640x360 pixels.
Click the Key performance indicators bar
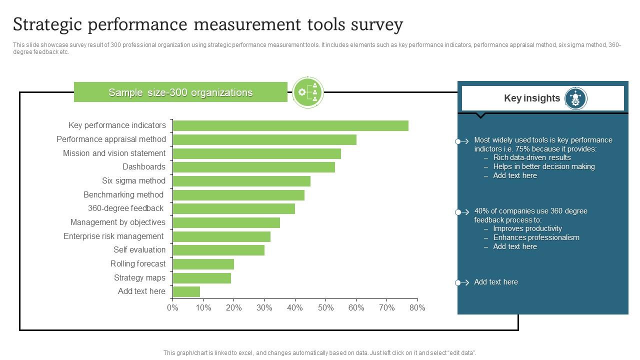(x=290, y=125)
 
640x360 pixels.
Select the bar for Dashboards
(x=253, y=167)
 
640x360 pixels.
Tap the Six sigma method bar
(x=241, y=181)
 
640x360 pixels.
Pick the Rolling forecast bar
(x=203, y=264)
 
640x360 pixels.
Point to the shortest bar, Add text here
(x=186, y=291)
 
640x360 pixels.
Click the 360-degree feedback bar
(x=233, y=208)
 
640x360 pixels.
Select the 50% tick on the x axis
(x=325, y=308)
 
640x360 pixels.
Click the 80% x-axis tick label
(x=417, y=308)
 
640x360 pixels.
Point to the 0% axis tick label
(x=172, y=308)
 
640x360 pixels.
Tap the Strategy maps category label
(x=139, y=278)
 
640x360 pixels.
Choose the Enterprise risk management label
(x=113, y=236)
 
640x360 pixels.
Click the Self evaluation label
(x=139, y=250)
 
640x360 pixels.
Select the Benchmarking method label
(x=123, y=195)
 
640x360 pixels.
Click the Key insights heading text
(x=531, y=98)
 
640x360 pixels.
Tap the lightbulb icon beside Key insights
(x=575, y=98)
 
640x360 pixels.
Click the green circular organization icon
(x=308, y=92)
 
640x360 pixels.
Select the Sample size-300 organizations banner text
(x=180, y=92)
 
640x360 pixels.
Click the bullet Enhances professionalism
(x=536, y=237)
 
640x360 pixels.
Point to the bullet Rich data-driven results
(x=532, y=157)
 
